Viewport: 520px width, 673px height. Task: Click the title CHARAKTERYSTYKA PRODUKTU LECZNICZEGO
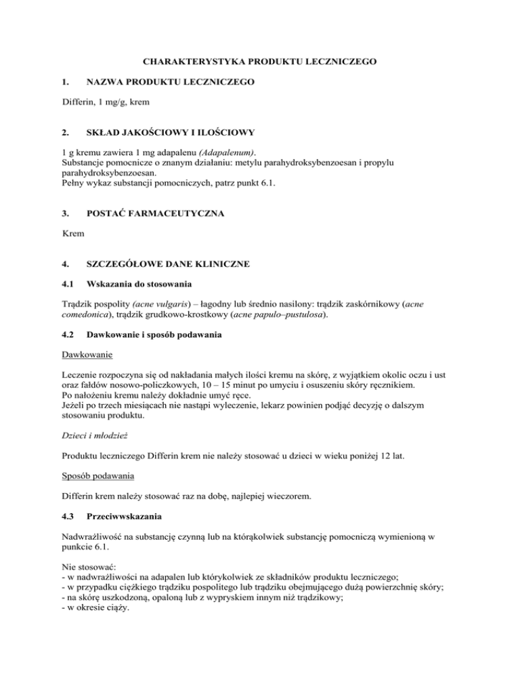(x=259, y=62)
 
